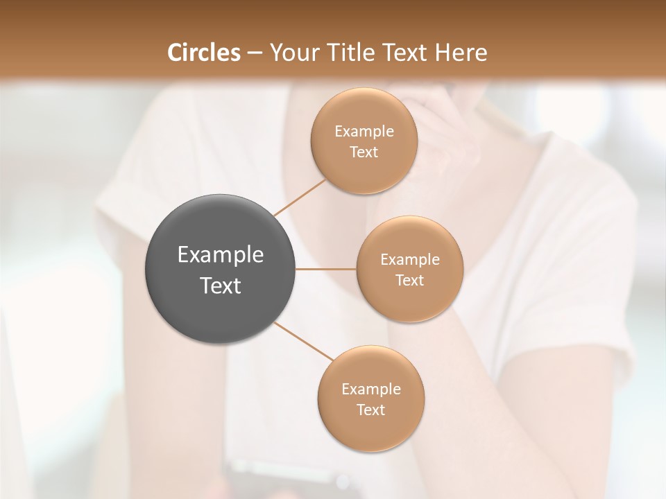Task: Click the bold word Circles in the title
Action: click(204, 53)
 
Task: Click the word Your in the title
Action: click(292, 53)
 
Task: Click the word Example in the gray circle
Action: click(221, 255)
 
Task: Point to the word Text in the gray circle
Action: click(221, 286)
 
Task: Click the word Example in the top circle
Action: click(364, 131)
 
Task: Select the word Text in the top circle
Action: click(364, 152)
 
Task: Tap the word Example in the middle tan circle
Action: click(410, 259)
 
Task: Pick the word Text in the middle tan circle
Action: click(409, 280)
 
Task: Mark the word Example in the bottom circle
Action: click(371, 389)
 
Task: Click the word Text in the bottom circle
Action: click(370, 410)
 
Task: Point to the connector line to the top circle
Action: click(300, 197)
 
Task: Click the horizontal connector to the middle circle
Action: click(326, 269)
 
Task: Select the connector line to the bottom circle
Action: click(304, 341)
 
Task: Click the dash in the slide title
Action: click(255, 53)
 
